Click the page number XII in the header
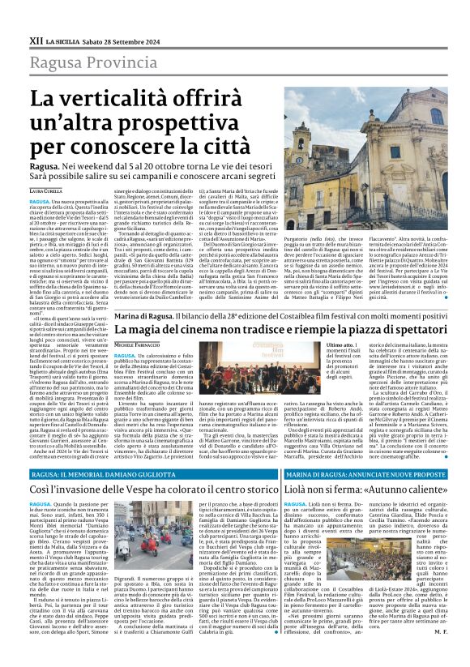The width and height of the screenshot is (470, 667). (x=36, y=40)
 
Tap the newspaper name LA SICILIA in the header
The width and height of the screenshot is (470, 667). (x=63, y=40)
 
